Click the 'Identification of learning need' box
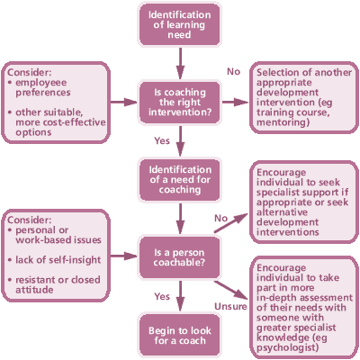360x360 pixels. (180, 24)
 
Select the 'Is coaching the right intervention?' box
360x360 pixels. (180, 103)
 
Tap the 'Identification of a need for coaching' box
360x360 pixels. (180, 180)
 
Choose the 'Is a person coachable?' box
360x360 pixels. (180, 257)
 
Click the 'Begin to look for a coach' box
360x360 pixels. (180, 335)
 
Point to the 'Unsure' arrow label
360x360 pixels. (230, 306)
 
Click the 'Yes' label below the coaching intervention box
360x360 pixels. (162, 140)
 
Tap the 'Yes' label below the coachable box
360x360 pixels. (162, 296)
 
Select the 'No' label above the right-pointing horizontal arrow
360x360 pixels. (234, 71)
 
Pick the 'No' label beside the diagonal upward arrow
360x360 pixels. (221, 218)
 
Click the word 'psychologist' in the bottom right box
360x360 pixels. (287, 348)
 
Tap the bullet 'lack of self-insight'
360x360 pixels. (58, 260)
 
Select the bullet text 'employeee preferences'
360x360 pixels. (43, 87)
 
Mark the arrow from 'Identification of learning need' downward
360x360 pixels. (180, 63)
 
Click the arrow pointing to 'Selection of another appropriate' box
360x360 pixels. (236, 103)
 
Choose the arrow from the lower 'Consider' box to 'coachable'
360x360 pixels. (123, 256)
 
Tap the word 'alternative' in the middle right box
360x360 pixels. (282, 212)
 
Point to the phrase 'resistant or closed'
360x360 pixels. (58, 280)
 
